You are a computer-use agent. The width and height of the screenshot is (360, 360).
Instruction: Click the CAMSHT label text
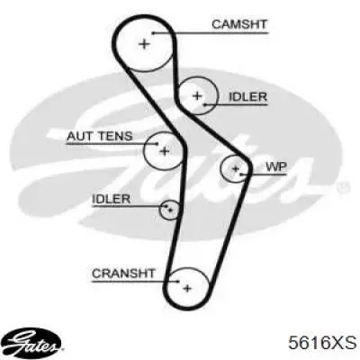(239, 24)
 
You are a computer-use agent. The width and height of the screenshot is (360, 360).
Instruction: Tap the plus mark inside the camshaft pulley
(144, 44)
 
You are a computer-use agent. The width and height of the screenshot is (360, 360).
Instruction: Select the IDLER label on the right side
(247, 96)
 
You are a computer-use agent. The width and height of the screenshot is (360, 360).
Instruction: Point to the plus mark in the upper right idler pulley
(197, 96)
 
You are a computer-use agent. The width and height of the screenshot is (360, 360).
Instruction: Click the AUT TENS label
(99, 136)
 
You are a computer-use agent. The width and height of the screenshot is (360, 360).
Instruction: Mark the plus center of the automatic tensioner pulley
(164, 151)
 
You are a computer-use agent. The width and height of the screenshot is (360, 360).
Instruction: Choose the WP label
(276, 166)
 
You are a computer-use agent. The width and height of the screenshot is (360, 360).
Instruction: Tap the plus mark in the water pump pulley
(236, 169)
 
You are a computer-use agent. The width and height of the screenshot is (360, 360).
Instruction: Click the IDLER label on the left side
(112, 199)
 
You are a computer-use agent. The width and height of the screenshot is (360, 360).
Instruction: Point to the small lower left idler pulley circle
(159, 210)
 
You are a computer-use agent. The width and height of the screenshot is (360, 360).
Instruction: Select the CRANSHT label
(123, 274)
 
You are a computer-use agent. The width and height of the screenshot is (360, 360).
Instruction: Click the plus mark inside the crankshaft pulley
(187, 289)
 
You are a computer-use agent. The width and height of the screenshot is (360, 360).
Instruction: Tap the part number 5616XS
(322, 343)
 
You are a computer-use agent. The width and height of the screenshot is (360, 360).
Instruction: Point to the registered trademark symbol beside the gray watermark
(342, 187)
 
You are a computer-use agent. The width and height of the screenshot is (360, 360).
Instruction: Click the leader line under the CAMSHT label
(210, 32)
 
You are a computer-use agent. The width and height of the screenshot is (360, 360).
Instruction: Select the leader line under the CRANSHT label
(135, 282)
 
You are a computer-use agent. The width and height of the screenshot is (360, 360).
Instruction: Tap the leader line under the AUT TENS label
(112, 144)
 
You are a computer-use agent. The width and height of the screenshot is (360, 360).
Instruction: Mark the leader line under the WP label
(264, 174)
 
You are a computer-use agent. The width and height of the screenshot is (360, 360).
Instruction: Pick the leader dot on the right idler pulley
(205, 104)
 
